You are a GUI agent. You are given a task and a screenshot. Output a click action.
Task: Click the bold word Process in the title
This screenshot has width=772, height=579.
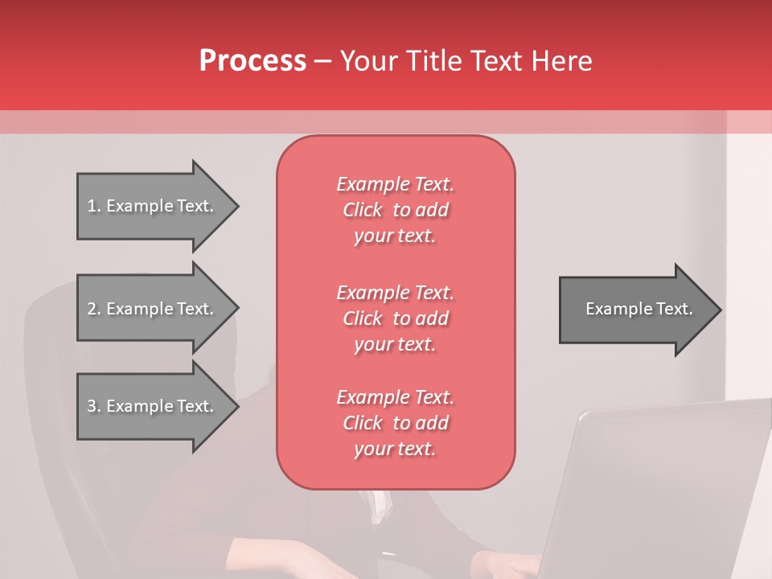(253, 60)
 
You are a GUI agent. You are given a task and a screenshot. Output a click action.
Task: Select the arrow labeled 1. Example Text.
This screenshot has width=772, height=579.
(153, 206)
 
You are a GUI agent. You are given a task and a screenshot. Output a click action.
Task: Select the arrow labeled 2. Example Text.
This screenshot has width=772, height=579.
(153, 309)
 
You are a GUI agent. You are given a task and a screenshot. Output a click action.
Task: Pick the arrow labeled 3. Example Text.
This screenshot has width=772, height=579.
(153, 406)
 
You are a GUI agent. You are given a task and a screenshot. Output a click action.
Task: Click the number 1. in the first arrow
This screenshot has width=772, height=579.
(93, 206)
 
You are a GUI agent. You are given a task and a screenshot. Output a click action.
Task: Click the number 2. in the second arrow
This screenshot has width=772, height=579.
(93, 309)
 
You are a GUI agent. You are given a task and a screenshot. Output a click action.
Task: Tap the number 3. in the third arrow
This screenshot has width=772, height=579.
(93, 406)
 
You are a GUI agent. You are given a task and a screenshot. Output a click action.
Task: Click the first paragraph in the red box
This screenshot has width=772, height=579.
(395, 210)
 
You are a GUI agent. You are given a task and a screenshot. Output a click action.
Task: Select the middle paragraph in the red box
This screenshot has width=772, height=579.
(395, 318)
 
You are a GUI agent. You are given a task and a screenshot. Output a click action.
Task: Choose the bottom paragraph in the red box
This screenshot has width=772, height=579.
(395, 423)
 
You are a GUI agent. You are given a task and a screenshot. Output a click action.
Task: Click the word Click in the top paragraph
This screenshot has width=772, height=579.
(362, 210)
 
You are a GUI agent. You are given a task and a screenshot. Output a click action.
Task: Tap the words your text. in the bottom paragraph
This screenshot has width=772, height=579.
(395, 450)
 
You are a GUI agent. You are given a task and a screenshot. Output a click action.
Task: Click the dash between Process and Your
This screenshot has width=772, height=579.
(323, 61)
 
